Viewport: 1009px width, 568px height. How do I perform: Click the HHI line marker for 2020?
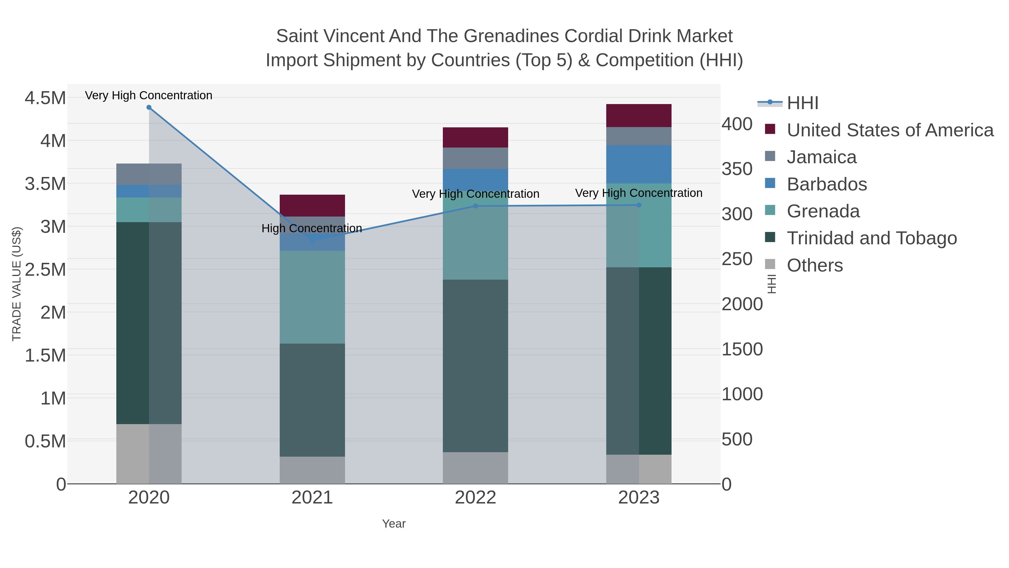tap(149, 107)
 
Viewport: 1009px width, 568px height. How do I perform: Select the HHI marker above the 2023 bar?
tap(639, 205)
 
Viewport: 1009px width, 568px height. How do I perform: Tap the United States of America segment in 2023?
tap(639, 116)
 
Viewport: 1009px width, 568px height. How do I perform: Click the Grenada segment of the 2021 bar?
tap(312, 297)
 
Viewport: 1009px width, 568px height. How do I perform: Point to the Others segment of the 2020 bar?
tap(149, 454)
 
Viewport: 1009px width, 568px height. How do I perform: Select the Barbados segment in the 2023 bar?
tap(639, 164)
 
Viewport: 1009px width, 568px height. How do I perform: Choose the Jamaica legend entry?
tap(821, 157)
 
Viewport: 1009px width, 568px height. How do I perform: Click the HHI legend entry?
tap(802, 103)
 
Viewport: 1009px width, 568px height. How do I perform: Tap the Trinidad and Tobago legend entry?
tap(871, 238)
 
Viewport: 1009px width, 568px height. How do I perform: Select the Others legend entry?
tap(815, 265)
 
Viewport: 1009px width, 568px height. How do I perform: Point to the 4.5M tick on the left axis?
tap(45, 98)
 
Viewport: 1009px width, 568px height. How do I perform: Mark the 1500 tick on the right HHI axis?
tap(742, 349)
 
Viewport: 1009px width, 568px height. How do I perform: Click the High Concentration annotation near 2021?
tap(311, 228)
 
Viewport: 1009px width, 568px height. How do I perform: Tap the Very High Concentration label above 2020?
tap(149, 95)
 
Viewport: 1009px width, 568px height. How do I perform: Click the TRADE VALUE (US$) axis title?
tap(17, 284)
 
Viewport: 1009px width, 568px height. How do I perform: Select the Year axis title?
tap(394, 524)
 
